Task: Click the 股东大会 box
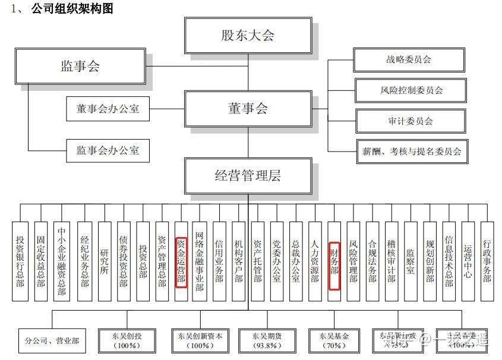coord(248,36)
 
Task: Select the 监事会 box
coord(80,66)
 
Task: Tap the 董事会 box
coord(248,109)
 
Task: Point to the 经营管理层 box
coord(248,175)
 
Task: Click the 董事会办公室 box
coord(108,109)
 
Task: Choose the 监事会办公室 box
coord(108,150)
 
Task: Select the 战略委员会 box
coord(409,59)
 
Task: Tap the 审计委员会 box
coord(411,121)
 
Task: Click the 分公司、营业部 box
coord(52,341)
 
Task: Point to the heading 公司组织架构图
coord(72,8)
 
